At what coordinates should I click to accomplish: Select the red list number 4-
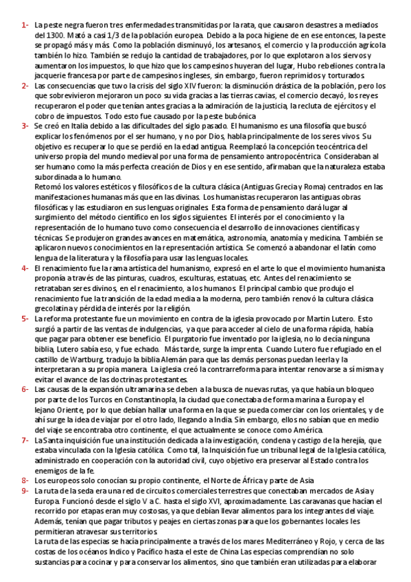(24, 267)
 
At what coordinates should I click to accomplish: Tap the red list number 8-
(24, 460)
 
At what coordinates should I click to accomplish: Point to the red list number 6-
(24, 388)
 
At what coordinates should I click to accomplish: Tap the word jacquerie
(51, 69)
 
